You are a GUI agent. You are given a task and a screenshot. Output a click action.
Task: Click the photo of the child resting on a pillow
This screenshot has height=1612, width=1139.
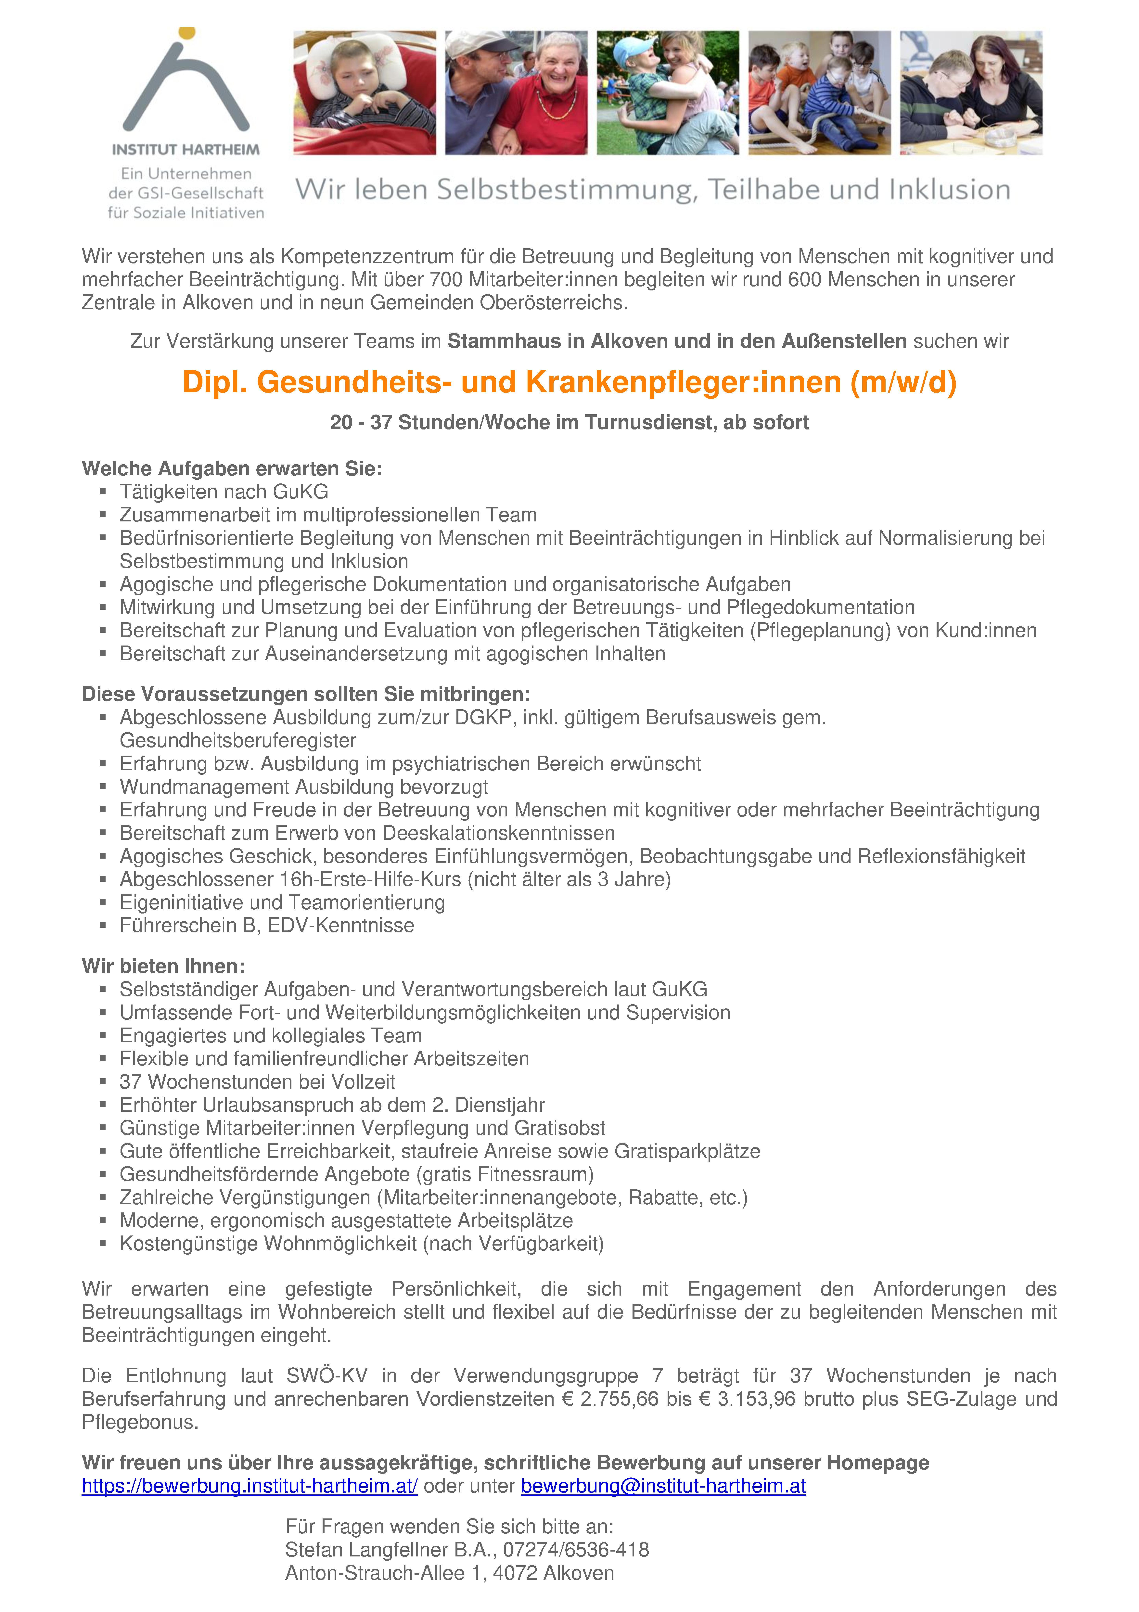pos(365,93)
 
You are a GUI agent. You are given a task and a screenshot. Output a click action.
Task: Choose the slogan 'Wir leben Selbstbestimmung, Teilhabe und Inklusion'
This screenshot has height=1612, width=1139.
pos(652,190)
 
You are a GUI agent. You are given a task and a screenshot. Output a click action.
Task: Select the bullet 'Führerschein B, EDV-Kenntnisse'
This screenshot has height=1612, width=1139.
pos(267,925)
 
